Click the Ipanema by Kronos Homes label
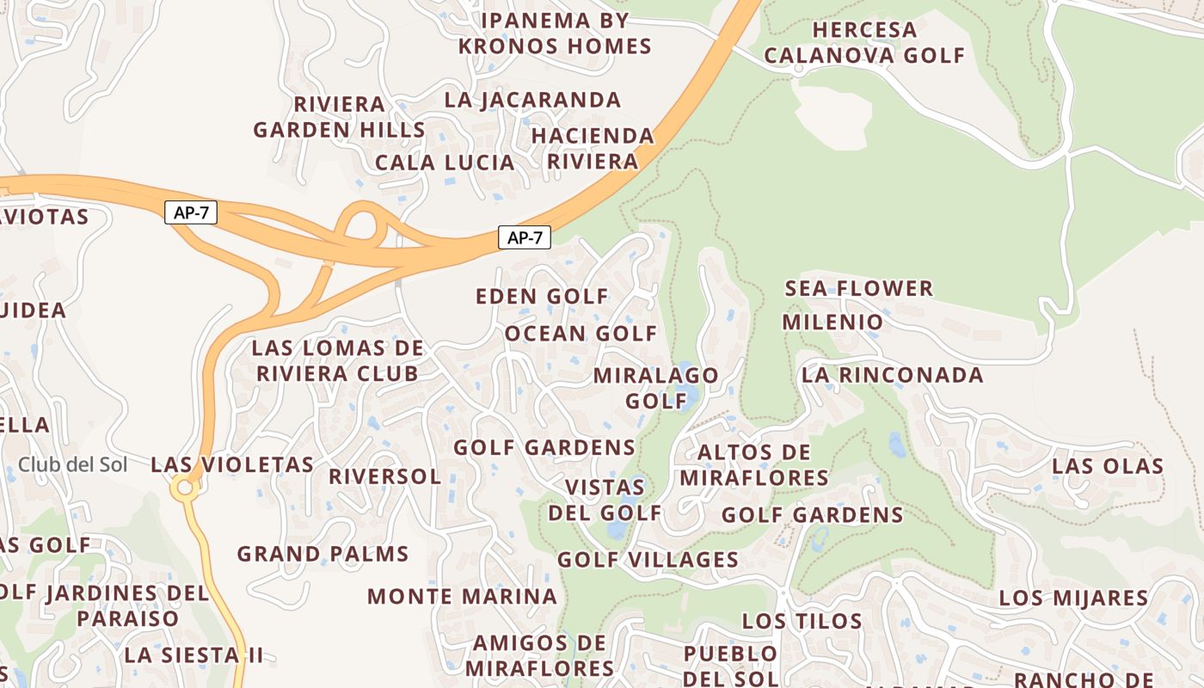pos(555,33)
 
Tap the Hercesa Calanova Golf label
pos(864,42)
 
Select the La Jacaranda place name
pos(532,100)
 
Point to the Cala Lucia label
pos(445,163)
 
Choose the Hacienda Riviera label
pos(593,148)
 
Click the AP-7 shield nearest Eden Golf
pos(524,238)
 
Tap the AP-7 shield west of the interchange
pos(191,212)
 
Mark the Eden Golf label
pos(542,297)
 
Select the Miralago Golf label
pos(655,388)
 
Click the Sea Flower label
pos(858,288)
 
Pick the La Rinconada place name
pos(892,375)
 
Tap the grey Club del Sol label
pos(73,465)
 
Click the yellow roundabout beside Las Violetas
pos(183,488)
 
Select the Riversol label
pos(384,476)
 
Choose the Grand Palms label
pos(322,554)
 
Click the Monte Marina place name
pos(462,596)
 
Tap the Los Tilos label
pos(802,621)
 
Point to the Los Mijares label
pos(1073,598)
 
